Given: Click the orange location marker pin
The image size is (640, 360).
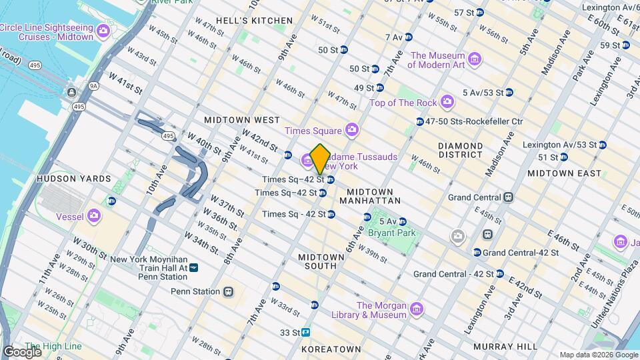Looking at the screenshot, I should coord(320,158).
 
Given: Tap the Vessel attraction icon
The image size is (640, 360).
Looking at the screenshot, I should coord(94,215).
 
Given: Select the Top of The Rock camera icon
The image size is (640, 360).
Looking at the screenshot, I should coord(447,102).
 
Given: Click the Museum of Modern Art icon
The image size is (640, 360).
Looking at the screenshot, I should coord(474,60).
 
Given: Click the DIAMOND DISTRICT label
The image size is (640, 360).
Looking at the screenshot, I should coord(460,150).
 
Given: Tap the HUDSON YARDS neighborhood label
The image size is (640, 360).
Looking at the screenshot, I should coord(73,179).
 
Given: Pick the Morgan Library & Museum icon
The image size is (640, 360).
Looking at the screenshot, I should coord(417,309).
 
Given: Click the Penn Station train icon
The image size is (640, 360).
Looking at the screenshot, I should coord(229,291).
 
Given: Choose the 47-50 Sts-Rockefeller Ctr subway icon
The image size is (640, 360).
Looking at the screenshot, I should coord(419,121).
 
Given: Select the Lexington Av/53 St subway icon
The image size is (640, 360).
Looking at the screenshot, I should coord(602,145).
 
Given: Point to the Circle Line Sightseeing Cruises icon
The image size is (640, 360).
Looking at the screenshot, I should coord(103,31).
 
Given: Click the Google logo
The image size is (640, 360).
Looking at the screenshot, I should coord(22,352).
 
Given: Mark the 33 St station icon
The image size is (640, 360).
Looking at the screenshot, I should coord(306,331).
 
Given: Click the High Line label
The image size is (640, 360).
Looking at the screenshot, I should coord(53,346).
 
